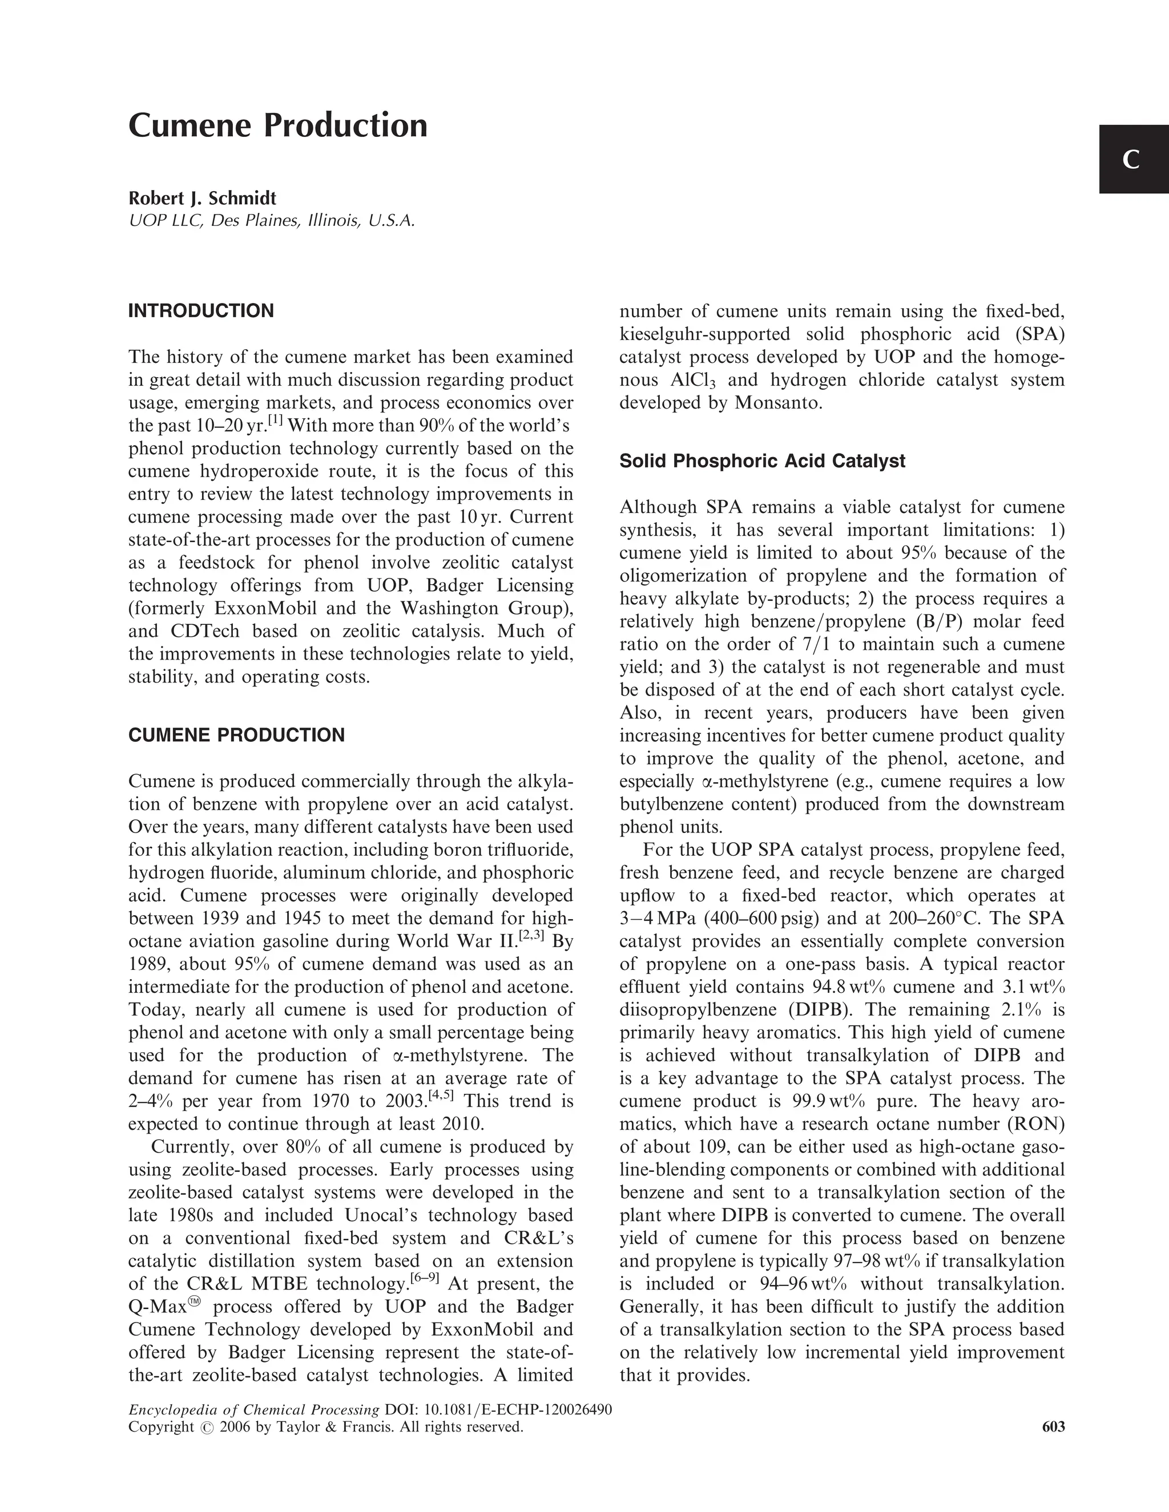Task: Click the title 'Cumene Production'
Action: (278, 126)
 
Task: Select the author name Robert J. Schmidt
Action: (202, 199)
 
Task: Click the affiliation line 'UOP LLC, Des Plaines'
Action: (272, 221)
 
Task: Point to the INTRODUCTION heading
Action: (201, 311)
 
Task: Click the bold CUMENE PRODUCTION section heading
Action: (236, 735)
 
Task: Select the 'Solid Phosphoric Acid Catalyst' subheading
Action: (762, 461)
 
